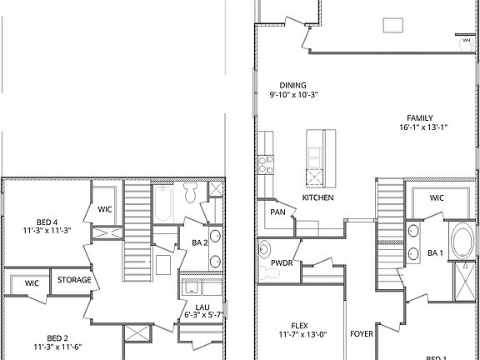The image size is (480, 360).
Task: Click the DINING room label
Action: pyautogui.click(x=293, y=85)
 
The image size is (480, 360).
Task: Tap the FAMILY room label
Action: pyautogui.click(x=421, y=117)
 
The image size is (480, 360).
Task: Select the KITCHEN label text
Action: pyautogui.click(x=317, y=197)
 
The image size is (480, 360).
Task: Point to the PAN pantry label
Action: pyautogui.click(x=277, y=212)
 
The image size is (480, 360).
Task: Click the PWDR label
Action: pyautogui.click(x=282, y=262)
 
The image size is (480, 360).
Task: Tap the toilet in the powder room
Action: pyautogui.click(x=266, y=247)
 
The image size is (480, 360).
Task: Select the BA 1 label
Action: pyautogui.click(x=436, y=252)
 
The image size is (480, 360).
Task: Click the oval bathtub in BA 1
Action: pyautogui.click(x=459, y=241)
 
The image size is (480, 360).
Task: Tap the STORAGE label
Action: pyautogui.click(x=74, y=280)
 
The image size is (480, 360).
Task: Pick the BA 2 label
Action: pyautogui.click(x=199, y=242)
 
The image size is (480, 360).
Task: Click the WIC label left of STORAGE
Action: pyautogui.click(x=32, y=283)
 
